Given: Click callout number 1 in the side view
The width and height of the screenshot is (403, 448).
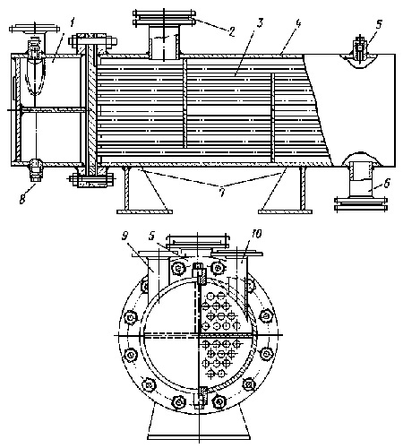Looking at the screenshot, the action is pyautogui.click(x=73, y=22).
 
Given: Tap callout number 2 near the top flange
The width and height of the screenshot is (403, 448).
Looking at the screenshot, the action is pyautogui.click(x=231, y=31).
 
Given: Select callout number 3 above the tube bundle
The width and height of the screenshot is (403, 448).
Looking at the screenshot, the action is pyautogui.click(x=260, y=23).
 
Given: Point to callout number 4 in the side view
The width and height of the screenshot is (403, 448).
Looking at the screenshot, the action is pyautogui.click(x=297, y=22).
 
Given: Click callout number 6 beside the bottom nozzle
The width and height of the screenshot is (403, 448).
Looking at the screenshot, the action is pyautogui.click(x=387, y=184).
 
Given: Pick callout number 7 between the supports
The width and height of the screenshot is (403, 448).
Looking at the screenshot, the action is pyautogui.click(x=222, y=194).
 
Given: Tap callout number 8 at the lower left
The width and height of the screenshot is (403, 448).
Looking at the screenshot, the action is pyautogui.click(x=22, y=199).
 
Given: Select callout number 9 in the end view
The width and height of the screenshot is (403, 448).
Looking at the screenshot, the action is pyautogui.click(x=125, y=237).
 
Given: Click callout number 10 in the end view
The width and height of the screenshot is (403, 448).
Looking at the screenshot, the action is pyautogui.click(x=255, y=234).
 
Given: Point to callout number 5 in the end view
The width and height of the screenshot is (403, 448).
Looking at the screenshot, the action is pyautogui.click(x=152, y=236).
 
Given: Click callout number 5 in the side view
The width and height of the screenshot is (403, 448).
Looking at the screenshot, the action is pyautogui.click(x=379, y=24).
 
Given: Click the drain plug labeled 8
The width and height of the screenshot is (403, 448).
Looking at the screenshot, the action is pyautogui.click(x=37, y=170).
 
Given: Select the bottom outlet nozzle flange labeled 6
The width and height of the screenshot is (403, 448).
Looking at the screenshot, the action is pyautogui.click(x=361, y=204).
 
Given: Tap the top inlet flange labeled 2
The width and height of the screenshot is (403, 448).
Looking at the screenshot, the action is pyautogui.click(x=164, y=18).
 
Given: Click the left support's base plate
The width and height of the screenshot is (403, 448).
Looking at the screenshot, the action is pyautogui.click(x=144, y=211).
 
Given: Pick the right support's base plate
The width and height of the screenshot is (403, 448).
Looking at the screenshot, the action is pyautogui.click(x=285, y=211).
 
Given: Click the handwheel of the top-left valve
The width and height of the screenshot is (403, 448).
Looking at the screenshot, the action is pyautogui.click(x=33, y=29).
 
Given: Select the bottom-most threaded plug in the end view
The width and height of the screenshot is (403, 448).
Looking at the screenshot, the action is pyautogui.click(x=199, y=398).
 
